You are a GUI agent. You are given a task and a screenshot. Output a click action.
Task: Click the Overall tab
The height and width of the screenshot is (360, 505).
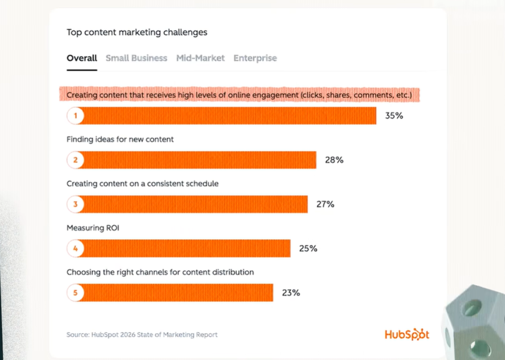click(x=82, y=58)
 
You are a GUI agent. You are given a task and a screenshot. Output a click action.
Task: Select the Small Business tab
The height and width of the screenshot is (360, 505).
click(x=136, y=58)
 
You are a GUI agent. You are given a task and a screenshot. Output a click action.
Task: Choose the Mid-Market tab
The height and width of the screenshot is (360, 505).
click(x=200, y=58)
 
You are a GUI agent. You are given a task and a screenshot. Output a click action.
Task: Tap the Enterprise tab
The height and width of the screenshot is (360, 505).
click(x=255, y=58)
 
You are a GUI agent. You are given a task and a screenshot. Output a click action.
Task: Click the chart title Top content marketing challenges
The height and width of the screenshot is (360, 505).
click(x=137, y=32)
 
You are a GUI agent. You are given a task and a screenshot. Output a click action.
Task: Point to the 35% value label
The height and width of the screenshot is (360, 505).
click(x=394, y=116)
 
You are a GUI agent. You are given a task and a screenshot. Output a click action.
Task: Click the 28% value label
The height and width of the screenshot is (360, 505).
click(x=334, y=160)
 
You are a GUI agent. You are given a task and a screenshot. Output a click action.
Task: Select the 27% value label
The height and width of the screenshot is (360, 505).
click(x=325, y=204)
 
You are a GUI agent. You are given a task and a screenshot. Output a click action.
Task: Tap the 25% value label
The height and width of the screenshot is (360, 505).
click(x=308, y=248)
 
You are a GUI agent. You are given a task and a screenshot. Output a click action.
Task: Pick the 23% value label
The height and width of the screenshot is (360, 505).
click(x=291, y=293)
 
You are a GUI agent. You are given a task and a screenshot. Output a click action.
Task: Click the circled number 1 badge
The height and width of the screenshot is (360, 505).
click(x=75, y=116)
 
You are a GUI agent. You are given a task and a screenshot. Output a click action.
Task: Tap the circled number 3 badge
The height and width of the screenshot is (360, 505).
click(x=75, y=204)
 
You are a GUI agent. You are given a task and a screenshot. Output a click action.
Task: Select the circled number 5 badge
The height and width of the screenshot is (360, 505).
click(x=75, y=293)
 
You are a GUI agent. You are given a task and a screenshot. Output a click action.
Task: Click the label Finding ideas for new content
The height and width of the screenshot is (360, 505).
click(x=120, y=139)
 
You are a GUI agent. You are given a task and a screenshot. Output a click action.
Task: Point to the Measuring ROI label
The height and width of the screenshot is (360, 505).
click(x=92, y=228)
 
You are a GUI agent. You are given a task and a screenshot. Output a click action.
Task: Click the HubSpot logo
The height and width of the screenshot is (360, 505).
click(x=406, y=334)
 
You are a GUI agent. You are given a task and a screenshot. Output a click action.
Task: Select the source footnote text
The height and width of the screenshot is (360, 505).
click(x=142, y=334)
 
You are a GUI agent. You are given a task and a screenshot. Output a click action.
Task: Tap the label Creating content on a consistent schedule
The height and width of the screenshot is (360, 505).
click(x=142, y=183)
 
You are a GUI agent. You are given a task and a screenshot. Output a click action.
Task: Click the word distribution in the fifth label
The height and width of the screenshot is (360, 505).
click(x=234, y=272)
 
